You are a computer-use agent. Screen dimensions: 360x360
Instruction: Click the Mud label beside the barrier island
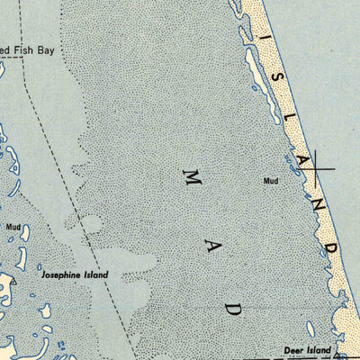point(272,181)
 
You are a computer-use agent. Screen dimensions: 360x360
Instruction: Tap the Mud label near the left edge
point(13,227)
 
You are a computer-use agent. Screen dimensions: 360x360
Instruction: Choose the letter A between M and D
point(213,253)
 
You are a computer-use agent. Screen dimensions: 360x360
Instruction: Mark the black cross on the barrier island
point(324,166)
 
